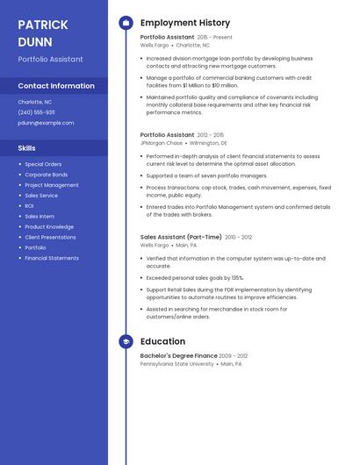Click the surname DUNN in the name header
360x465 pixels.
[35, 41]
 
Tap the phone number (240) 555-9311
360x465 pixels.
[36, 112]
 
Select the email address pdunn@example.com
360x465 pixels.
[46, 123]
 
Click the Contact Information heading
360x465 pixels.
[56, 86]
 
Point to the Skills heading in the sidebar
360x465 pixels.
[27, 148]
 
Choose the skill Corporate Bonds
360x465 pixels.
[46, 175]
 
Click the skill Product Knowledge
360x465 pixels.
[49, 226]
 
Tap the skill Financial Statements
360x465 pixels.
[52, 258]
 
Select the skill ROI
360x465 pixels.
[29, 205]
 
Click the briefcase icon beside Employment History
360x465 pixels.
[126, 23]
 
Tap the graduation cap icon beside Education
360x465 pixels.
[126, 341]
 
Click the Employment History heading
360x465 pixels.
[185, 23]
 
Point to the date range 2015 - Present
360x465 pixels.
[215, 38]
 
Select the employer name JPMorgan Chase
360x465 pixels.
[162, 142]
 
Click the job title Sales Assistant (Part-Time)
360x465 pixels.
[181, 237]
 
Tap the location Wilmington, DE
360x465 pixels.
[208, 142]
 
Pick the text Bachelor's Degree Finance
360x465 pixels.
[178, 355]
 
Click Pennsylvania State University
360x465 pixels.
[176, 363]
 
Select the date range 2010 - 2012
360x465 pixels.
[238, 237]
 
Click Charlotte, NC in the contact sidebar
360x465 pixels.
[35, 102]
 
